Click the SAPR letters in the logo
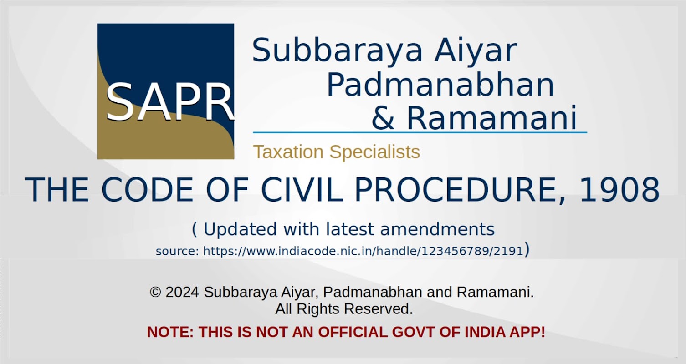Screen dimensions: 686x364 point(169,102)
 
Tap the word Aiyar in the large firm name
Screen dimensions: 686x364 point(476,51)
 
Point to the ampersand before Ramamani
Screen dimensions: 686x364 point(383,118)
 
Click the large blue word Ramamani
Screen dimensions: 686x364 point(491,118)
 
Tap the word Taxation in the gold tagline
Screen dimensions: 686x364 point(288,152)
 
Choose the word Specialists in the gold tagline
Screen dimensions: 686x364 point(374,152)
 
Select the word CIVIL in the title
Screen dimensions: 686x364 point(302,190)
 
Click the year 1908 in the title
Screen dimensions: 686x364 point(619,190)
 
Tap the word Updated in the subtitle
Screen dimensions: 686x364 point(240,229)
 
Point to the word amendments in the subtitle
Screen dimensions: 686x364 point(437,229)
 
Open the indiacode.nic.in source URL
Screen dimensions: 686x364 point(363,251)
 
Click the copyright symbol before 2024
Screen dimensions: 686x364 point(156,292)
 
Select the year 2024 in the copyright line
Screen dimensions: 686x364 point(182,292)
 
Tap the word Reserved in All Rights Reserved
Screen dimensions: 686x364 point(378,308)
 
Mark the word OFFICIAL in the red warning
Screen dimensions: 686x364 point(353,332)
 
